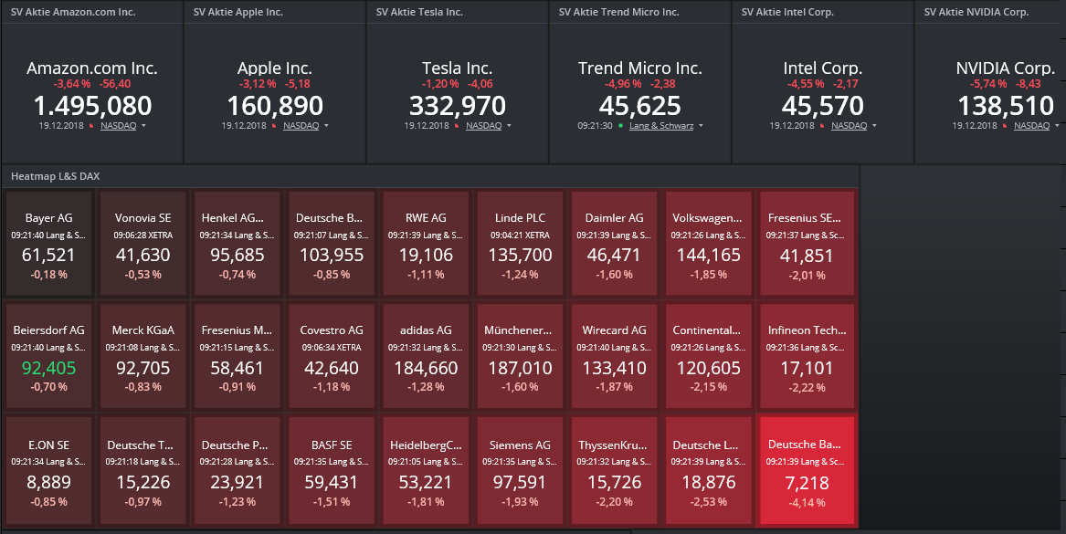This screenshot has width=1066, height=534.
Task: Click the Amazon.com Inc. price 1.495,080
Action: [x=92, y=106]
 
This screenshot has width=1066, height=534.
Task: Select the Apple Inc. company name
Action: [x=275, y=68]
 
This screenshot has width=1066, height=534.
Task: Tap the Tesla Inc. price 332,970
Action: [x=458, y=106]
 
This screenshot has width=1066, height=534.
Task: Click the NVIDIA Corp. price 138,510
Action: [x=1005, y=106]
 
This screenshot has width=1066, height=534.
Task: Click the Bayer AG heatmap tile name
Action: [x=49, y=218]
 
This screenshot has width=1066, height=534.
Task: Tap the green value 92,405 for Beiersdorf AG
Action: [x=49, y=368]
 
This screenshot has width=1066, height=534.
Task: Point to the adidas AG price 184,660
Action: [x=427, y=368]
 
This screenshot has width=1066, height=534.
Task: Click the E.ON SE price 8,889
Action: [x=49, y=483]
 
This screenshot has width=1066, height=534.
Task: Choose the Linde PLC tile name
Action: [x=522, y=218]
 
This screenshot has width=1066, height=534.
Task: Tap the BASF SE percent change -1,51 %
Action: [x=332, y=502]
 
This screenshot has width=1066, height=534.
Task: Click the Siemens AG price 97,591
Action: [x=522, y=483]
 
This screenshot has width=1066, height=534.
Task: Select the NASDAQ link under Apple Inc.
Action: [x=301, y=126]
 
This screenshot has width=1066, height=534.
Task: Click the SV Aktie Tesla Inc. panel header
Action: [x=420, y=13]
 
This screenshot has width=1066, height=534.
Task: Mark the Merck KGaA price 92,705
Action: [x=143, y=368]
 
